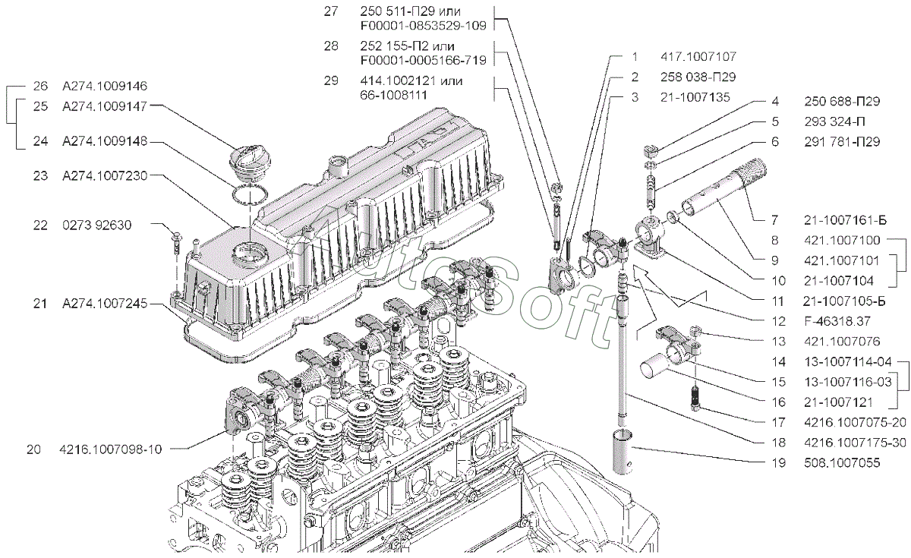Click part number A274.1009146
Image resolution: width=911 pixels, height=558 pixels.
pos(105,86)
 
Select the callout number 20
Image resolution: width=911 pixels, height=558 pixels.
pos(33,449)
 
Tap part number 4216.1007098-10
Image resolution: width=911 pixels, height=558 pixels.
pos(110,449)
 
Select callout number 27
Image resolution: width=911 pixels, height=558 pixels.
pos(329,11)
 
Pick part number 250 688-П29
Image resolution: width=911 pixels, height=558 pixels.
pos(841,101)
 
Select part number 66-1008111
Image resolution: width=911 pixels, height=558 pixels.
pos(383,94)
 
